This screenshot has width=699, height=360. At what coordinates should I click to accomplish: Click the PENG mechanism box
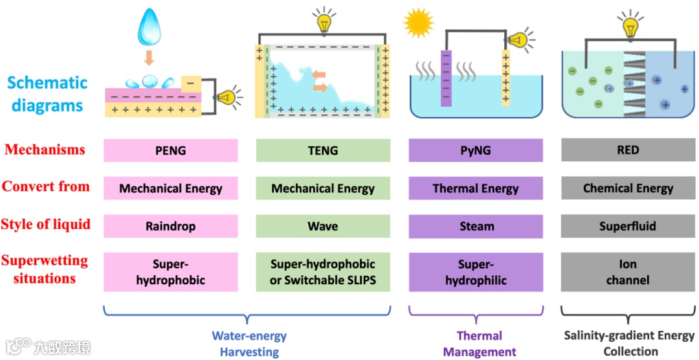pos(171,150)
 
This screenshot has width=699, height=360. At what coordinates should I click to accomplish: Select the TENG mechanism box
pos(323,150)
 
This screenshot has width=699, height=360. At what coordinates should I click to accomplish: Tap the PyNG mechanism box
pos(476,150)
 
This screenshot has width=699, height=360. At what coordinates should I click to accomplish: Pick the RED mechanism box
pos(628,150)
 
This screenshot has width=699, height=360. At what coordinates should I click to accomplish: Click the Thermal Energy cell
pos(476,188)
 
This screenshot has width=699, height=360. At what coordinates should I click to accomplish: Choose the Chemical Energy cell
pos(628,188)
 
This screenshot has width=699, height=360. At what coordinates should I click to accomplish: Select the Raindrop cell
pos(171,227)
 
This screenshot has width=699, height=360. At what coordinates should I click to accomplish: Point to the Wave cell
pos(323,227)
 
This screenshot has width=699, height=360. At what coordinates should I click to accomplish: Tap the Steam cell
pos(476,227)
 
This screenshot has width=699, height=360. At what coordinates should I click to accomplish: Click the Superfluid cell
pos(628,227)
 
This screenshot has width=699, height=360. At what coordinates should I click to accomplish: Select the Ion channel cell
pos(628,272)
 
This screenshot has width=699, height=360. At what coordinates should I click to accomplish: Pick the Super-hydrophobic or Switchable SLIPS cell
pos(323,272)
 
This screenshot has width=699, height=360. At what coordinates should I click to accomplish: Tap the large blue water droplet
pos(149,27)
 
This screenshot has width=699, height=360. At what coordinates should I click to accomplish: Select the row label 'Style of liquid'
pos(45,225)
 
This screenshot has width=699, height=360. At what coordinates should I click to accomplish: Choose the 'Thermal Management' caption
pos(479,344)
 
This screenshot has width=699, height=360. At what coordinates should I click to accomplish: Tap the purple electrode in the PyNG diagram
pos(446,78)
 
